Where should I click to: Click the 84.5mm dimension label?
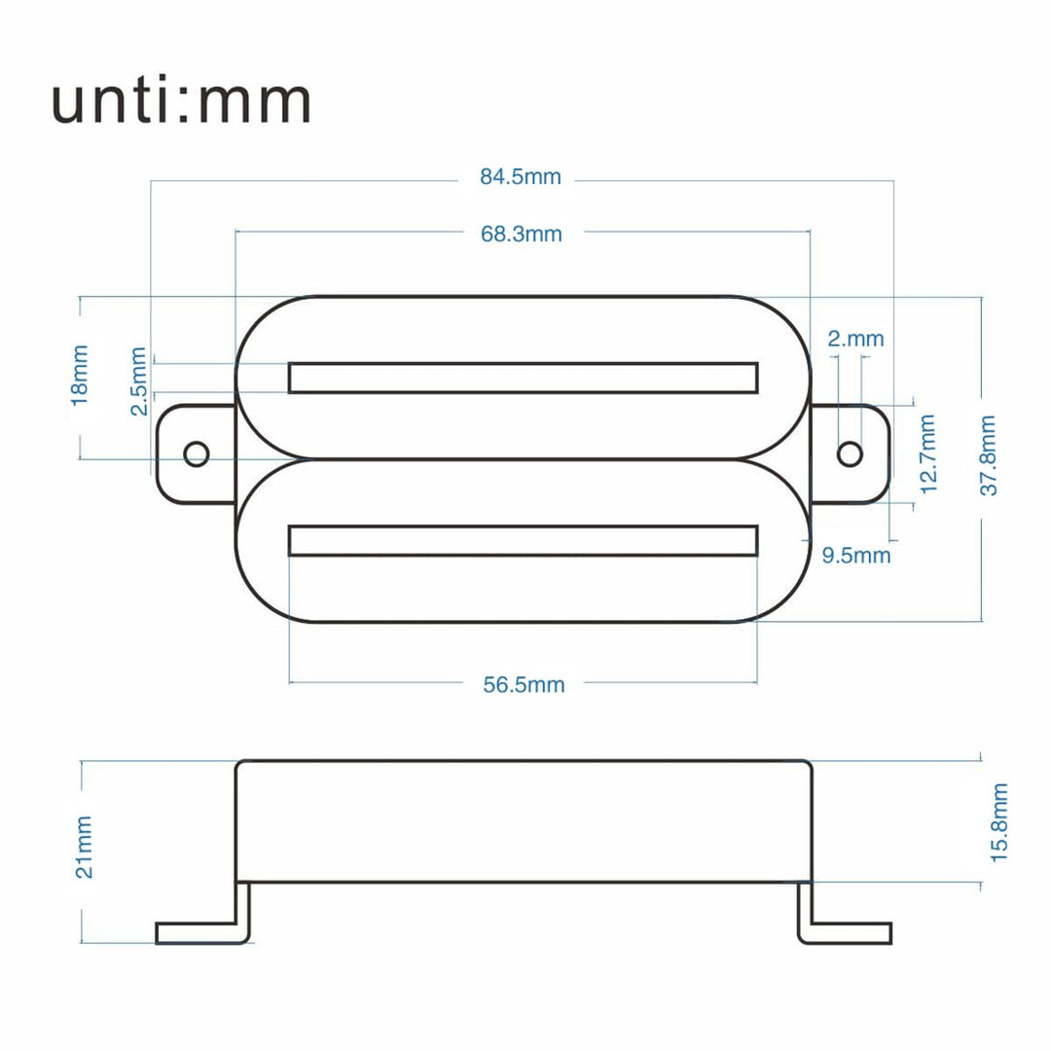tap(520, 177)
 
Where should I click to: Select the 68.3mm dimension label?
tap(521, 234)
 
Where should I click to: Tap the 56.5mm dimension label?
tap(524, 684)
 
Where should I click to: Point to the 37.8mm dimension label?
tap(988, 455)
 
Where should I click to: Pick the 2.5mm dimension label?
tap(139, 381)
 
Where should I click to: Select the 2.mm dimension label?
tap(855, 339)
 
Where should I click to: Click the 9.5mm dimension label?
tap(856, 556)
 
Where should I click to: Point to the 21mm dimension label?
tap(85, 847)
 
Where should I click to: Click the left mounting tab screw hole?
tap(197, 453)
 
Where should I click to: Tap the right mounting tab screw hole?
tap(850, 453)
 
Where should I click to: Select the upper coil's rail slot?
tap(523, 378)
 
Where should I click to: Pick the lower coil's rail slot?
tap(523, 540)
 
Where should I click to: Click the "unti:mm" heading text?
tap(181, 101)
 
